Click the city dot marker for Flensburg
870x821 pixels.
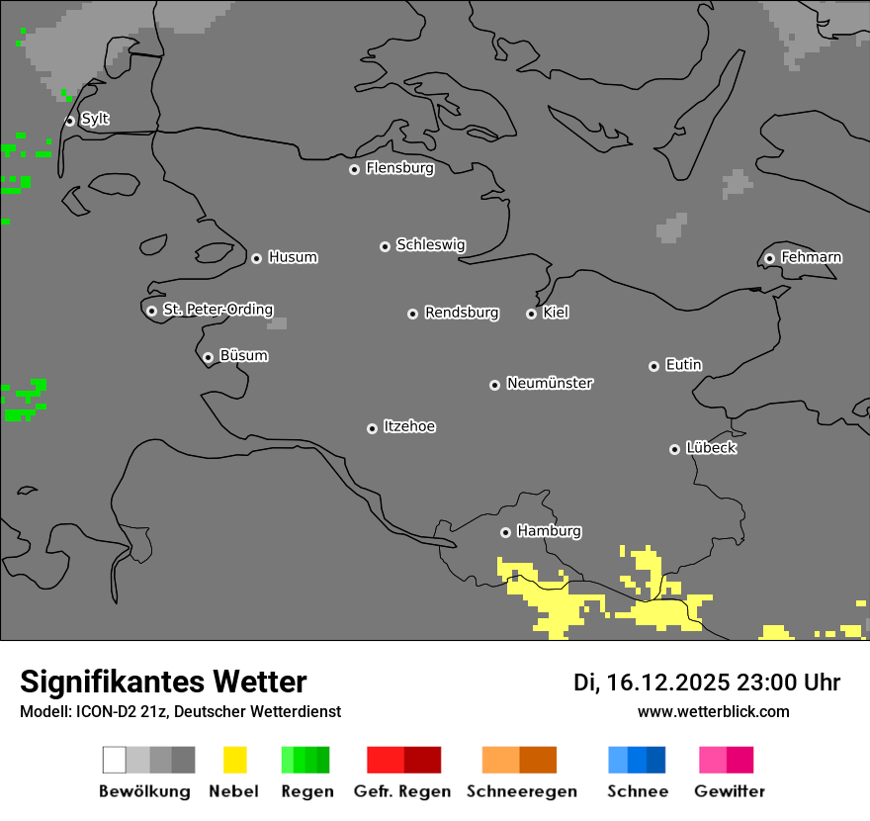[x=354, y=169]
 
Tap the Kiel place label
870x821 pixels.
[x=556, y=313]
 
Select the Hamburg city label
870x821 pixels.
[x=549, y=531]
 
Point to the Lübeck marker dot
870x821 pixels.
[x=674, y=449]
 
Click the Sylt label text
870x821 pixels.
[x=95, y=119]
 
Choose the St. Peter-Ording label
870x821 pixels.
[x=217, y=310]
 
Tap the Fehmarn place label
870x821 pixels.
[x=811, y=257]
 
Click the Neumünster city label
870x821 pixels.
[x=550, y=383]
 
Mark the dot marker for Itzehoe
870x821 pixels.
[x=372, y=428]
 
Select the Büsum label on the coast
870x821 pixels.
[x=243, y=355]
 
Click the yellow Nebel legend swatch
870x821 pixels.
[x=234, y=760]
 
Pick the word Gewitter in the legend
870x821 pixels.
[x=730, y=791]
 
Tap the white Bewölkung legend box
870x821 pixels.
[x=115, y=760]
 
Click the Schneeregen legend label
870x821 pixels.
[x=521, y=791]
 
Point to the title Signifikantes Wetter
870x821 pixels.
[x=163, y=682]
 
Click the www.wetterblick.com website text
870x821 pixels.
[x=713, y=711]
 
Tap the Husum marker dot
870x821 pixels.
[x=256, y=258]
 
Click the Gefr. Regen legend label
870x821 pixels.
[x=401, y=791]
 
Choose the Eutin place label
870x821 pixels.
[x=683, y=365]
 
